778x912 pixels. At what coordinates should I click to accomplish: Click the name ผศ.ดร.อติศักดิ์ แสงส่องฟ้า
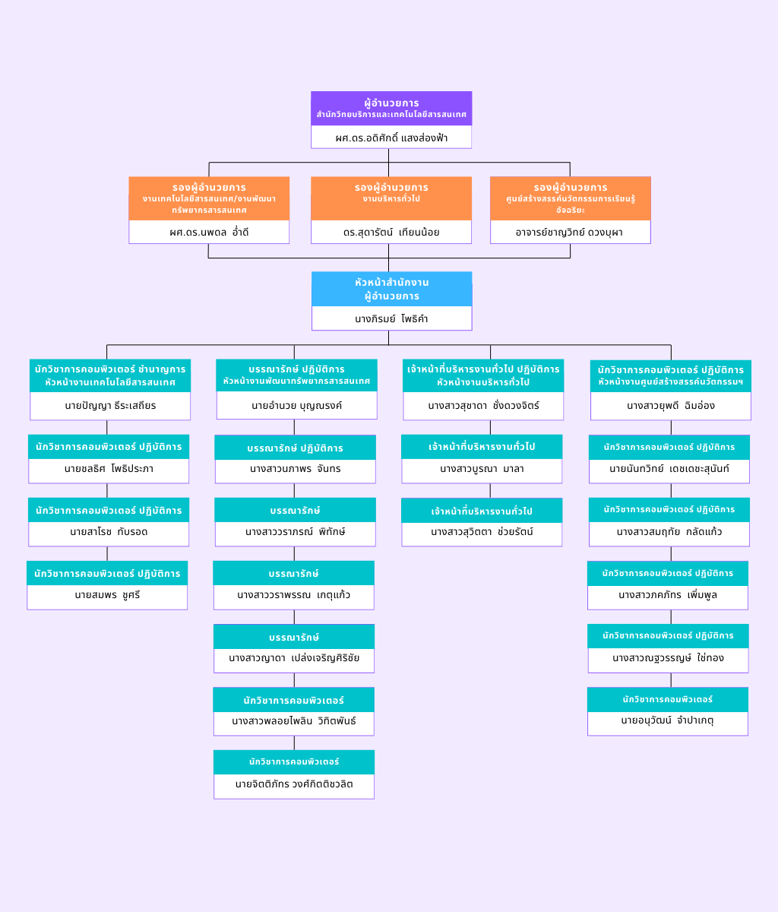click(x=391, y=138)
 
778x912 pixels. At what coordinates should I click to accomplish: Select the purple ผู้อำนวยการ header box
click(x=391, y=108)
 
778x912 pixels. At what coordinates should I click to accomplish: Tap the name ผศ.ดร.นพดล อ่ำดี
click(x=209, y=232)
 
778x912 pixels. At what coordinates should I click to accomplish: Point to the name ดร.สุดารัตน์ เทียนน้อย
click(x=391, y=232)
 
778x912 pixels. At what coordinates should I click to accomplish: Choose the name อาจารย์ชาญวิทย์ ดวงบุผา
click(x=570, y=232)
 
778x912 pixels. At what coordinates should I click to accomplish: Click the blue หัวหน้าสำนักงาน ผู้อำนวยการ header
click(x=391, y=289)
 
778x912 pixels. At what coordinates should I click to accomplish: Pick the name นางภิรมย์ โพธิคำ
click(x=391, y=318)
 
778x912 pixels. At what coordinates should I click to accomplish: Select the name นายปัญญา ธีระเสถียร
click(x=110, y=406)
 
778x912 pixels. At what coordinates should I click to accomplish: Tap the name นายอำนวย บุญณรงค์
click(x=296, y=406)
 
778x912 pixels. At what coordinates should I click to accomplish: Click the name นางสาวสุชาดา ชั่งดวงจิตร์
click(x=483, y=406)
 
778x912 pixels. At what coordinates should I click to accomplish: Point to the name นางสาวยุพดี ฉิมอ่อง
click(x=670, y=406)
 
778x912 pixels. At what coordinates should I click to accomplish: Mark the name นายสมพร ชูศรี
click(x=107, y=595)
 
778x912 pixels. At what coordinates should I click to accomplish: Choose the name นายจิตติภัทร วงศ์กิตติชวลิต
click(x=294, y=784)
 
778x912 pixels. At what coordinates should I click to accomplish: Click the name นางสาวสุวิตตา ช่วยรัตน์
click(x=482, y=532)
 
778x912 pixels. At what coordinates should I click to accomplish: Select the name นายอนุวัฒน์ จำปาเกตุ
click(x=667, y=720)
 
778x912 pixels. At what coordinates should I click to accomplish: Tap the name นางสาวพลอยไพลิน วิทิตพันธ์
click(x=294, y=721)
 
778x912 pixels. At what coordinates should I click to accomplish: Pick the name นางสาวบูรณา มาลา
click(x=482, y=469)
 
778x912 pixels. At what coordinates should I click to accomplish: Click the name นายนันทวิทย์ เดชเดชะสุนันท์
click(x=669, y=469)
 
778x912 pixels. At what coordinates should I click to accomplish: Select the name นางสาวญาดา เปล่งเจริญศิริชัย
click(x=294, y=658)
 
